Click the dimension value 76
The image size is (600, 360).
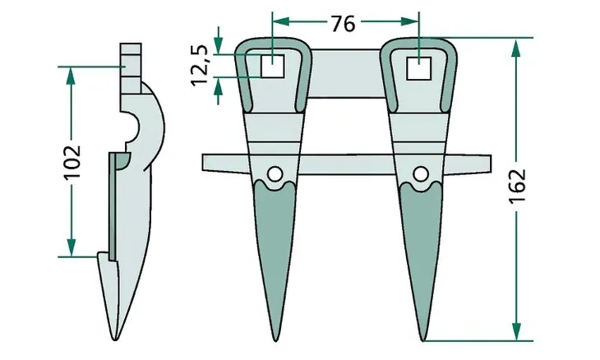click(344, 24)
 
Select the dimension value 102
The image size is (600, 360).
click(72, 162)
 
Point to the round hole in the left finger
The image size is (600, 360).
click(275, 173)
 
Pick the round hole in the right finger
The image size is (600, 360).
click(421, 173)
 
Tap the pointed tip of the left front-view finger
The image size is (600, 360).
click(275, 338)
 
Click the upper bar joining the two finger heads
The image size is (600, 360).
click(345, 66)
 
